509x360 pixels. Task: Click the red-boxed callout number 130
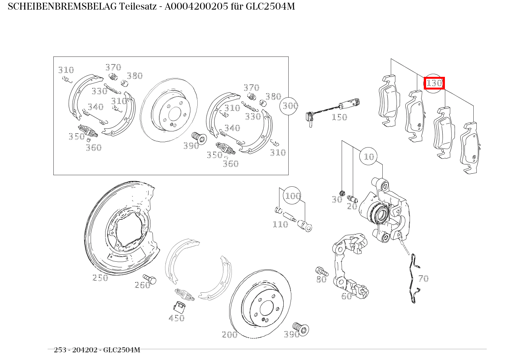coord(434,83)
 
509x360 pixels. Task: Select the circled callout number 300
coord(290,105)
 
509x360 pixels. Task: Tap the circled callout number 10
coord(369,156)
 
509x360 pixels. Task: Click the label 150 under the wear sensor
coord(339,117)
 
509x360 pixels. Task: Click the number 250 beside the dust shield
coord(100,278)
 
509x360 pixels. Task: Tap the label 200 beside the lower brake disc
coord(230,335)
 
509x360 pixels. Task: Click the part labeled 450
coord(180,306)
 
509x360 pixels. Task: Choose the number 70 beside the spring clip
coord(423,279)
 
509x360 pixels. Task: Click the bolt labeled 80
coord(321,271)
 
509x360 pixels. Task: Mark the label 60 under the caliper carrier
coord(346,296)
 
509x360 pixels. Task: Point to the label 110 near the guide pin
coord(280,224)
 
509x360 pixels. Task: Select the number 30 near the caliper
coord(337,199)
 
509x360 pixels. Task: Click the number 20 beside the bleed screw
coord(352,206)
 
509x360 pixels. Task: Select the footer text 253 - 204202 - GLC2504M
coord(97,350)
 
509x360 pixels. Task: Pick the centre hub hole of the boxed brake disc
coord(175,114)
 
